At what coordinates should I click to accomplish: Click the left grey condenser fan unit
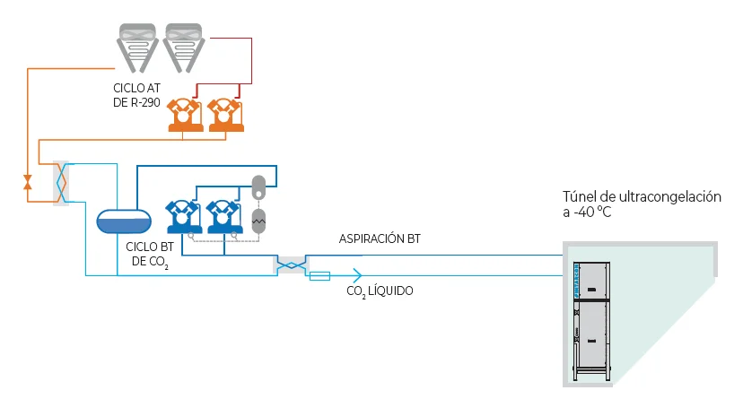pos(137,48)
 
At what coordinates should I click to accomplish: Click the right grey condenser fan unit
pos(184,48)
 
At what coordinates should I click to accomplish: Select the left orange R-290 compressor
pos(185,115)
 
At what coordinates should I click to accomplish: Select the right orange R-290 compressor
pos(225,115)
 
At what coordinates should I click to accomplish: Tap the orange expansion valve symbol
pos(28,182)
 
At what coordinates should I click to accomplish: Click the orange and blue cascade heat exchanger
pos(61,183)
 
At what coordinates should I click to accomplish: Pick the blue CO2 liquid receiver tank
pos(124,221)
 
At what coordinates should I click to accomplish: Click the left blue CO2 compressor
pos(183,217)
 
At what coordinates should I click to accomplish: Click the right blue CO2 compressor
pos(224,217)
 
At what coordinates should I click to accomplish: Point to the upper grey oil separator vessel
pos(258,187)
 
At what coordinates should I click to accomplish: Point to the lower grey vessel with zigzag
pos(258,221)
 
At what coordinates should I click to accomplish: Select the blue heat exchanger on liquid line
pos(291,265)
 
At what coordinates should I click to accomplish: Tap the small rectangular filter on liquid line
pos(319,276)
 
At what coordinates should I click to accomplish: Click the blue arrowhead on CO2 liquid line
pos(357,275)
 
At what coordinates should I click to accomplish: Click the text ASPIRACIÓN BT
pos(380,239)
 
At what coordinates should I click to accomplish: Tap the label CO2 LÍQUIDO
pos(380,291)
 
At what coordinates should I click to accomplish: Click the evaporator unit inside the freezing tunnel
pos(591,321)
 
